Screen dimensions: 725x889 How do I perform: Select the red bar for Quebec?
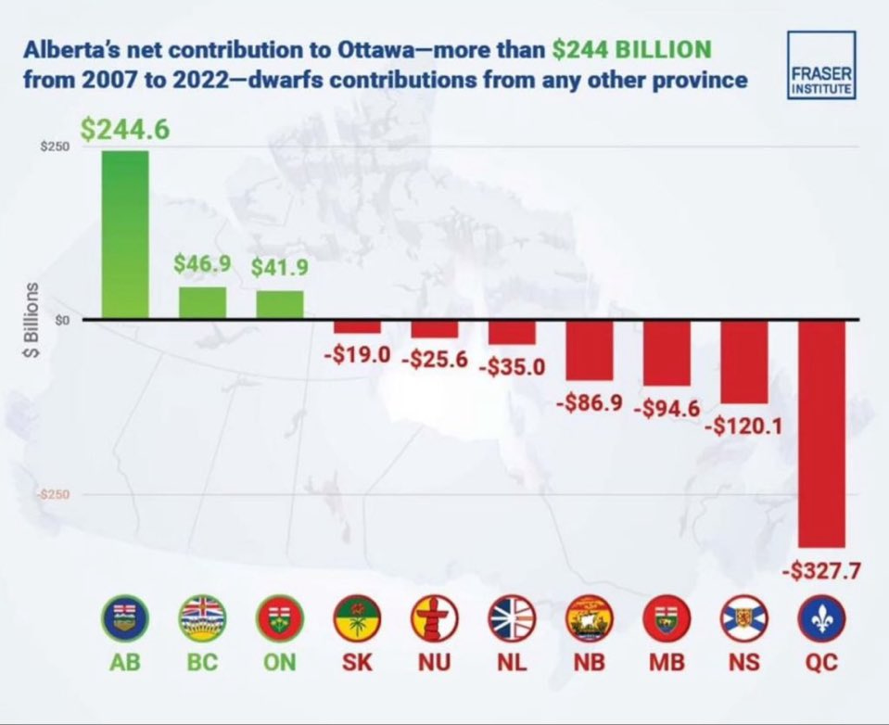click(821, 433)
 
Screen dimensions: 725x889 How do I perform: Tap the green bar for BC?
click(202, 302)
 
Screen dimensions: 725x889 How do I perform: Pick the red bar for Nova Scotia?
click(743, 362)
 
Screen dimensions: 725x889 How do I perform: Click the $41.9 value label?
click(280, 267)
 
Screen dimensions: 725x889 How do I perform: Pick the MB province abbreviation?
click(667, 666)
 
